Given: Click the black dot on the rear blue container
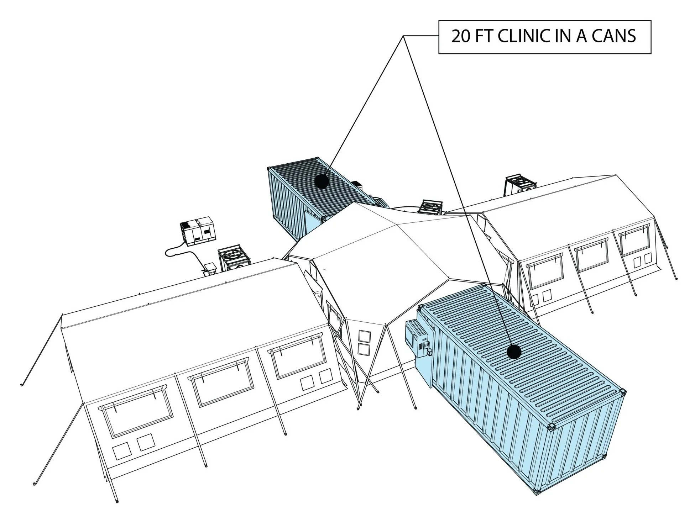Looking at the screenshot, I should tap(322, 182).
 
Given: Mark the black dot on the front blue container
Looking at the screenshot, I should tap(514, 352).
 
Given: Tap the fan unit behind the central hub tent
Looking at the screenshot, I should tap(431, 207).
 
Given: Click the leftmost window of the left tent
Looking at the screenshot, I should tap(136, 414).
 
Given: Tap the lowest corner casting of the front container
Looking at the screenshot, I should tap(537, 492).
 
